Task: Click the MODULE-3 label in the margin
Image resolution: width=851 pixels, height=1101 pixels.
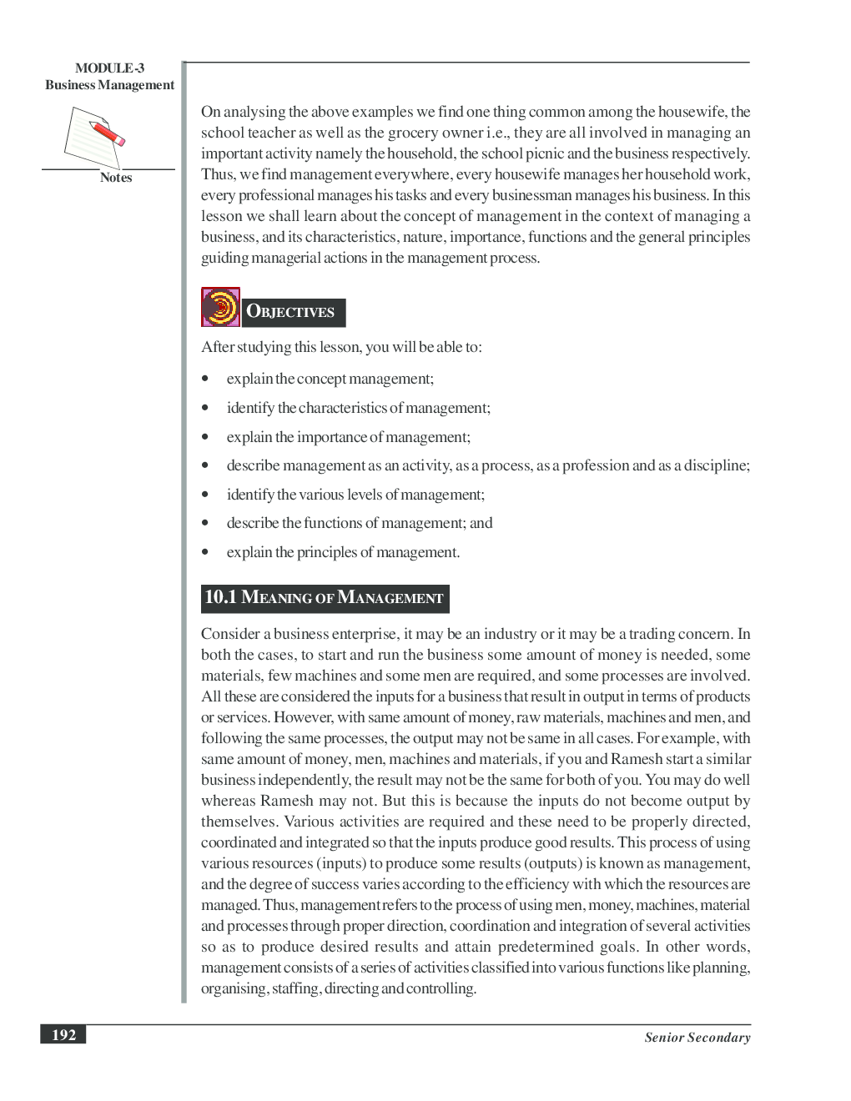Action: [109, 68]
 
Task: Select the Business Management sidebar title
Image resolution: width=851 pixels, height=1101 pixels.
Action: [109, 85]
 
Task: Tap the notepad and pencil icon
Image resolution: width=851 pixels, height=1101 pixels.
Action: [94, 137]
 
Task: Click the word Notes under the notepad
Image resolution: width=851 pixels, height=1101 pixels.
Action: [116, 178]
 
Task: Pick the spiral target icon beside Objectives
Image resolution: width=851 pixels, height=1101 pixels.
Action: [220, 307]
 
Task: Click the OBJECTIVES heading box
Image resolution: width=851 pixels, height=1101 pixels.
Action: [293, 312]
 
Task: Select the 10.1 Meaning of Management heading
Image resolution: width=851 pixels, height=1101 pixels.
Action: [325, 598]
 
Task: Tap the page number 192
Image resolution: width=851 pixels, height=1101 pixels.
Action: [63, 1035]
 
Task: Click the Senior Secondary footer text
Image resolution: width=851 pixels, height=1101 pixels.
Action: [697, 1038]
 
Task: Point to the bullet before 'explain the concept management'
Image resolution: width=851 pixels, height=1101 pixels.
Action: [205, 380]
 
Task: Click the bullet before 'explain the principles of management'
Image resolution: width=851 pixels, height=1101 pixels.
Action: [205, 552]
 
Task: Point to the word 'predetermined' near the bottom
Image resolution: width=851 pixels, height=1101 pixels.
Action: [546, 947]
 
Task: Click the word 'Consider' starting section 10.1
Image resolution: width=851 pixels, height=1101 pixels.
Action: [230, 634]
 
